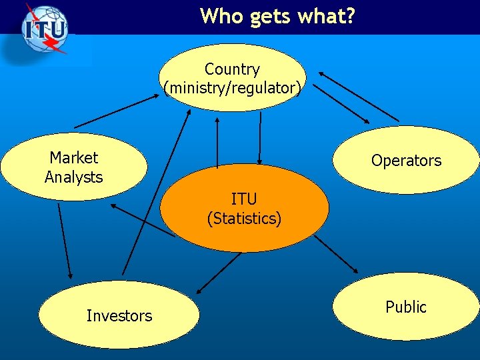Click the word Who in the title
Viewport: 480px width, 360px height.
[222, 15]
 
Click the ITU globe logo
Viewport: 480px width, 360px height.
[45, 30]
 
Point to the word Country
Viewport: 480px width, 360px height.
[232, 69]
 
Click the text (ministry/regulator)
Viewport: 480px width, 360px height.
[233, 87]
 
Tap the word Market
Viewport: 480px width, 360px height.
[73, 158]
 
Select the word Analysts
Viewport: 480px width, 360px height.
[73, 177]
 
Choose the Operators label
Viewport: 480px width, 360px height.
[406, 161]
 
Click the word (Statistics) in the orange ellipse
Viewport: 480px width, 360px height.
[244, 218]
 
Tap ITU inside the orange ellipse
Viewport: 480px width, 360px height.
[244, 199]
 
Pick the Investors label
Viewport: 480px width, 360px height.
[119, 316]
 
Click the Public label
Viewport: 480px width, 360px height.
[405, 307]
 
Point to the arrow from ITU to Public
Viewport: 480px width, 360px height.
[337, 254]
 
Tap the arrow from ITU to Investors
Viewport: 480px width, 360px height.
[219, 273]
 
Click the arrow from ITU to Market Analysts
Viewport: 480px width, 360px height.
[143, 221]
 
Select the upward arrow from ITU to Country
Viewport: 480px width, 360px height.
[217, 143]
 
